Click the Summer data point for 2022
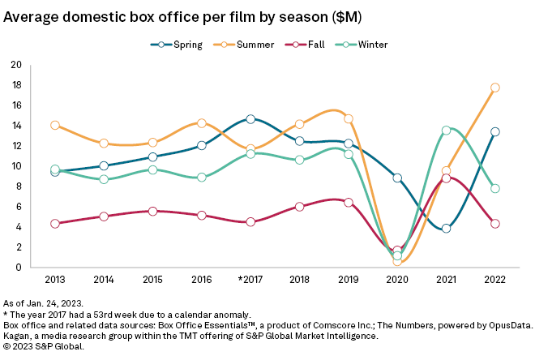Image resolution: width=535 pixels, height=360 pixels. coord(494,88)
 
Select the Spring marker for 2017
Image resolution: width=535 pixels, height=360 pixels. coord(250,119)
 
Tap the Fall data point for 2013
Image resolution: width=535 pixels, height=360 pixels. coord(55,224)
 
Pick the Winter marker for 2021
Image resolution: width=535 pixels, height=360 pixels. coord(446,131)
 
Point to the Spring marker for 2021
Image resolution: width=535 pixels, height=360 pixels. coord(446,229)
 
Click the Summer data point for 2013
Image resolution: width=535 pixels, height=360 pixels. coord(55,126)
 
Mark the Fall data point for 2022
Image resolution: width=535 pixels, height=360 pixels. coord(494,224)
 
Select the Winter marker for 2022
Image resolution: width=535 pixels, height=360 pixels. coord(494,189)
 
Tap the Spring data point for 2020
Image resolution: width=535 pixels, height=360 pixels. coord(397,178)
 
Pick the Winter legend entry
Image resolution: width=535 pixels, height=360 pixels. coord(361,44)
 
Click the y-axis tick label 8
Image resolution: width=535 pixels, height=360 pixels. coord(19,186)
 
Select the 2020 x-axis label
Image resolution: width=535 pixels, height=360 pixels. coord(397,280)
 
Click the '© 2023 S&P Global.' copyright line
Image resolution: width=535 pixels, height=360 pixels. coord(44,346)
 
